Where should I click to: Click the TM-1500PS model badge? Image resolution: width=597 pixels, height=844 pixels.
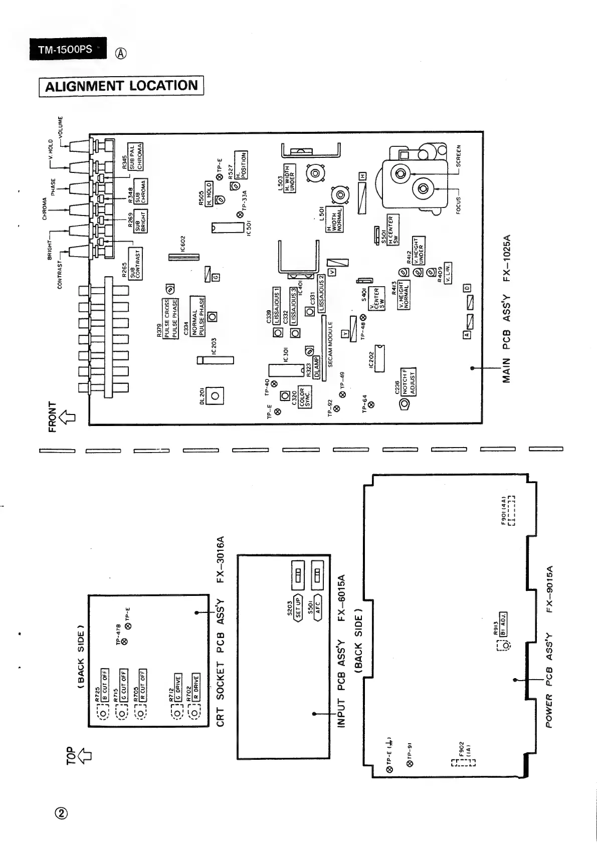pyautogui.click(x=67, y=49)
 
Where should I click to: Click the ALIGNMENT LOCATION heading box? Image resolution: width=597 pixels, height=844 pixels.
pyautogui.click(x=121, y=86)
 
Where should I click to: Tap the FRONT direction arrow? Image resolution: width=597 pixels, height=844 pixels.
pyautogui.click(x=67, y=416)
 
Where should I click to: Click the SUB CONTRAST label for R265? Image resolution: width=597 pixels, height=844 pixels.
pyautogui.click(x=135, y=263)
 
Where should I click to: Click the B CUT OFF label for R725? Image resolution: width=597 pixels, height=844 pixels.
pyautogui.click(x=105, y=685)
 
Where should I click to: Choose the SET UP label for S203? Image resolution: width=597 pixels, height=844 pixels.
pyautogui.click(x=298, y=608)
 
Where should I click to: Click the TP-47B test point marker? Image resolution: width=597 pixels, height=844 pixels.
pyautogui.click(x=124, y=640)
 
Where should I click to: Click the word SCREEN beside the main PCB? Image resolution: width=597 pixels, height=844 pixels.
pyautogui.click(x=458, y=156)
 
